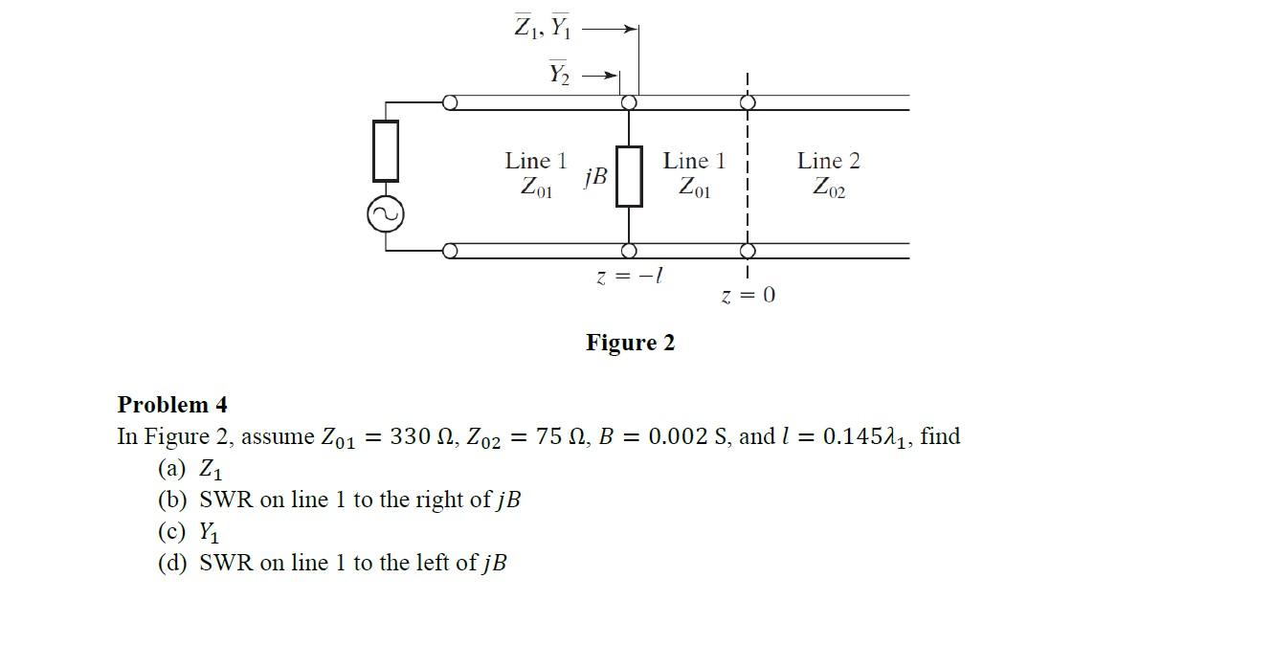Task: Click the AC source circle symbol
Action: (386, 215)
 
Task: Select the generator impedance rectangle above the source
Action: (386, 150)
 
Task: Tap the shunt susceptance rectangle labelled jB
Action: (629, 176)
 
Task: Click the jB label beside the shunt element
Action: (595, 176)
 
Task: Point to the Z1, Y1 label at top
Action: (543, 28)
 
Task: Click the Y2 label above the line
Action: (559, 73)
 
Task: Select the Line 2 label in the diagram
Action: (828, 161)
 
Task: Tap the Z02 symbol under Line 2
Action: (829, 188)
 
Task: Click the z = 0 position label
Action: (748, 295)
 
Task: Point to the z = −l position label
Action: (630, 277)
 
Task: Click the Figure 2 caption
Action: (630, 343)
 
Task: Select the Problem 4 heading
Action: (172, 405)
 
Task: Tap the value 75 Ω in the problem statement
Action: (561, 436)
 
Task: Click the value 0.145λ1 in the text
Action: (867, 436)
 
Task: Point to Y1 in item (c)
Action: (209, 532)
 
